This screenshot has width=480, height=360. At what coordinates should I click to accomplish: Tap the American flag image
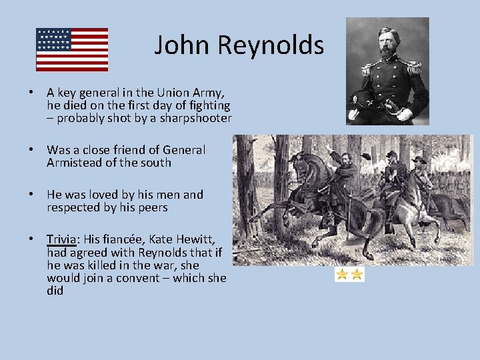point(72,49)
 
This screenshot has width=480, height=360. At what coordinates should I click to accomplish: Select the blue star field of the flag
point(54,39)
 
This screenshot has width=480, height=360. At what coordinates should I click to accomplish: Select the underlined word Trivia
point(61,239)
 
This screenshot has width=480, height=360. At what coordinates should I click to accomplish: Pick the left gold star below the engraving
point(342,274)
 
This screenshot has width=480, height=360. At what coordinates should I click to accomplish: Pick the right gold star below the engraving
point(357,274)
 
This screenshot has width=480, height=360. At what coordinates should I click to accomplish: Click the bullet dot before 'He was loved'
point(31,195)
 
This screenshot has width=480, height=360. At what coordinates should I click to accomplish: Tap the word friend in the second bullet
point(116,150)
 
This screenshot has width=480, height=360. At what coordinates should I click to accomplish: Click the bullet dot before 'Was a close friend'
point(31,150)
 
